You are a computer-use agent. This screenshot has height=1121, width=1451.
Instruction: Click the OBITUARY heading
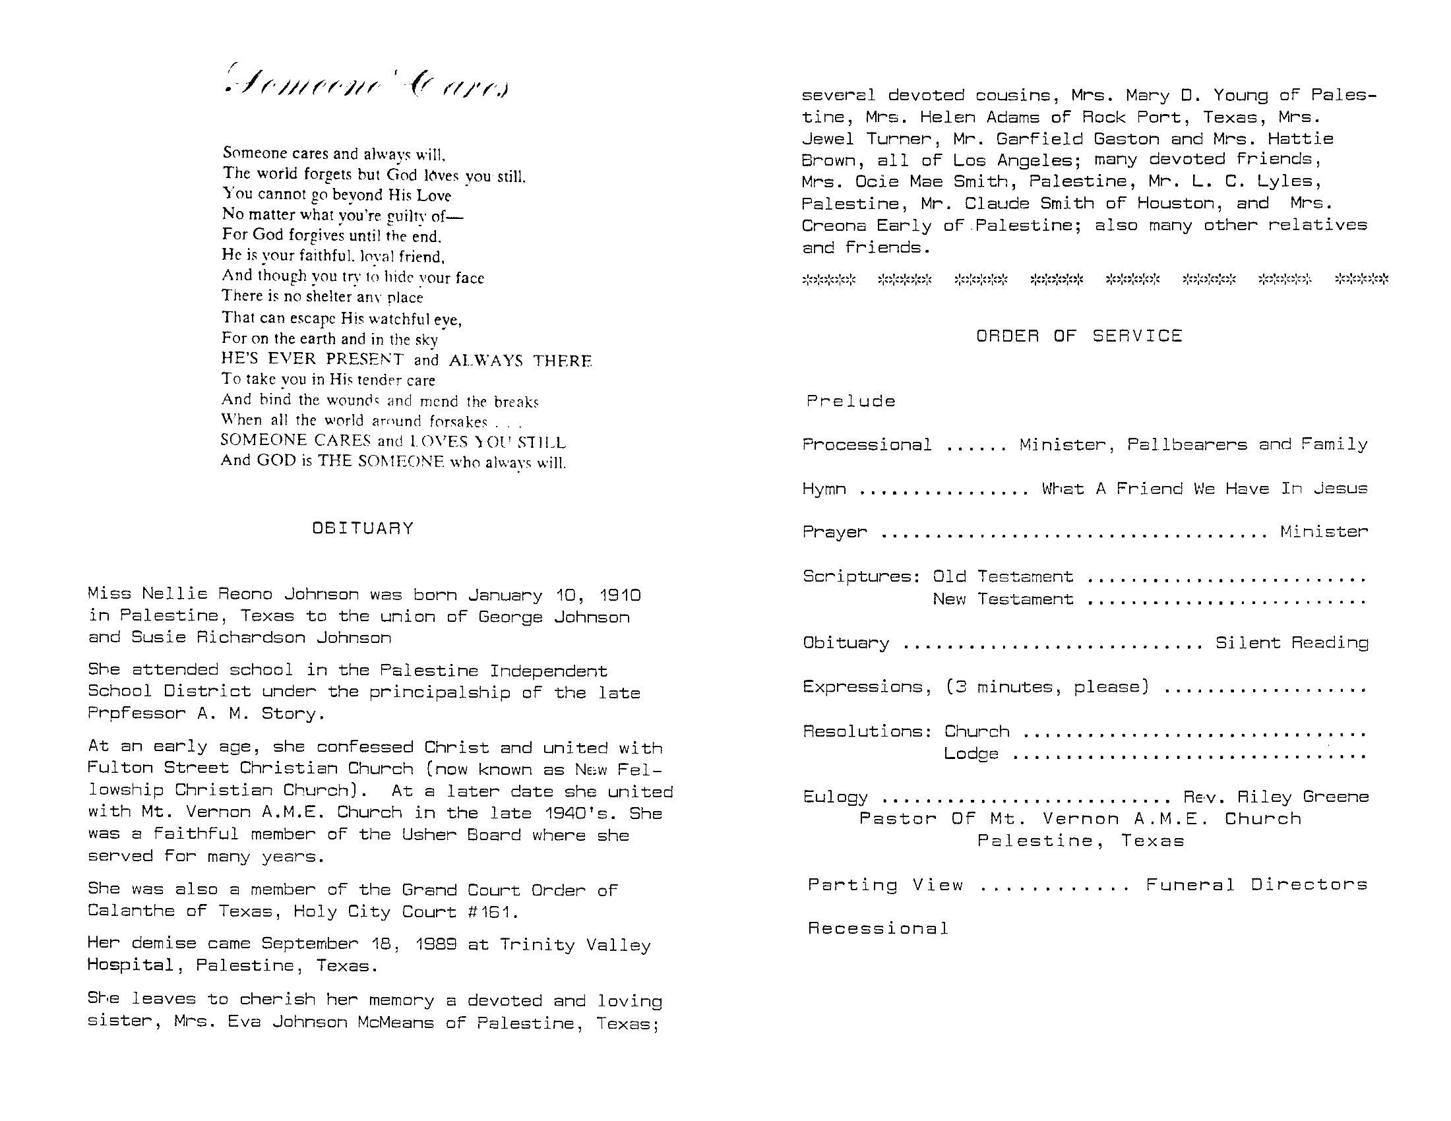click(363, 529)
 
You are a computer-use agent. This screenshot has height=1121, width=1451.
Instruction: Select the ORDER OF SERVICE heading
click(1079, 336)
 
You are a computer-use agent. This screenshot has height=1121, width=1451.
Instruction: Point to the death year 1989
click(435, 944)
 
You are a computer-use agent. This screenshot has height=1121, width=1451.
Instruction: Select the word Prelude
click(851, 401)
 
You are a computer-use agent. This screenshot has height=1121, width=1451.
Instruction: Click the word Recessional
click(879, 928)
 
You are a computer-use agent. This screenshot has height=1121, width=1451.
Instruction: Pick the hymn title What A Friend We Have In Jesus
click(1204, 489)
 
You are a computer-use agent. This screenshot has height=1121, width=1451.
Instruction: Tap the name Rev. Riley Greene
click(1276, 797)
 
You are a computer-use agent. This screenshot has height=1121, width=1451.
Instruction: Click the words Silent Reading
click(1291, 642)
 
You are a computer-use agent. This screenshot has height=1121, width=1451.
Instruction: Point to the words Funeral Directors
click(1256, 884)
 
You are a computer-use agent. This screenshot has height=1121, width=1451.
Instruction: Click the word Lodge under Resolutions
click(971, 754)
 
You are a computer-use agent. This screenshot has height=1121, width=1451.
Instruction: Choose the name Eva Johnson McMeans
click(331, 1023)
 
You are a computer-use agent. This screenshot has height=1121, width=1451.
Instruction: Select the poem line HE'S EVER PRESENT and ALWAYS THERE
click(406, 360)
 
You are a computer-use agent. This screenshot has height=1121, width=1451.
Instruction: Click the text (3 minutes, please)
click(1047, 686)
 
